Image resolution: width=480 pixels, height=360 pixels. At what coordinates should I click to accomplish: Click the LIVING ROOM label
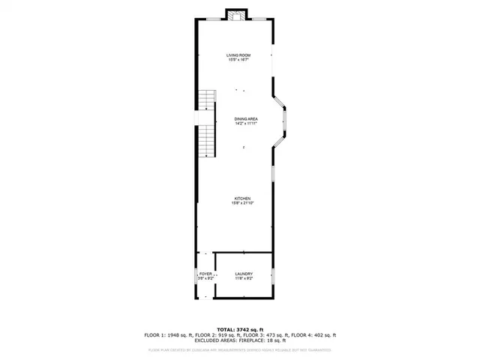click(x=238, y=55)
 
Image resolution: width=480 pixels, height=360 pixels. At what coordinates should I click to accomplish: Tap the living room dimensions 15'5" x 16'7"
click(x=238, y=60)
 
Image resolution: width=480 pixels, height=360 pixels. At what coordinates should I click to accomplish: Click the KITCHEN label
click(x=241, y=198)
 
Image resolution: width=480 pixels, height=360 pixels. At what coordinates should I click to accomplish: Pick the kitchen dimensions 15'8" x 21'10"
click(x=241, y=202)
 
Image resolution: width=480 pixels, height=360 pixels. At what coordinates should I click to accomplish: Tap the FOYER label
click(x=205, y=274)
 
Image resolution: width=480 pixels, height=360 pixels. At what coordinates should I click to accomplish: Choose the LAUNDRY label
click(x=243, y=274)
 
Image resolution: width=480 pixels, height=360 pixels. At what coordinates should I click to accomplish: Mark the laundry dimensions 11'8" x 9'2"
click(x=243, y=278)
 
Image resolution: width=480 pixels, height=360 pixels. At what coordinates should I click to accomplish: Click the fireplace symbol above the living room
click(x=236, y=15)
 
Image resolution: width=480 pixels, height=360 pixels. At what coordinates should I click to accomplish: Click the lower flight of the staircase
click(x=206, y=141)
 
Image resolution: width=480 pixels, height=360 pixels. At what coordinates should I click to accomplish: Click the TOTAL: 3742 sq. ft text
click(x=240, y=329)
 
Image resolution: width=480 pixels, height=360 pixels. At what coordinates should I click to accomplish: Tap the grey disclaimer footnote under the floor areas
click(x=240, y=349)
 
